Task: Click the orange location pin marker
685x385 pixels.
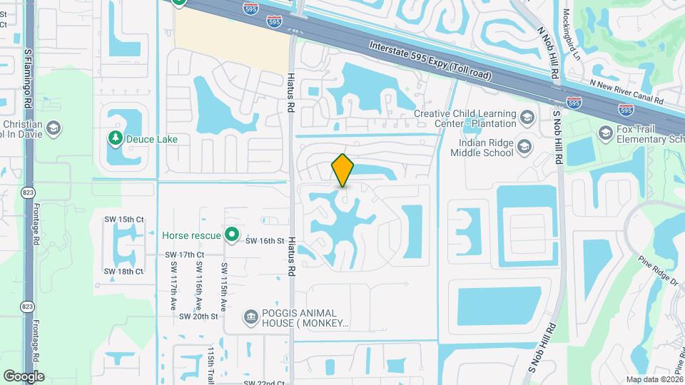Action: tap(343, 170)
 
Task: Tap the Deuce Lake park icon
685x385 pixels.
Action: tap(114, 137)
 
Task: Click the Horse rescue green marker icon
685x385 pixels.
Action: tap(231, 234)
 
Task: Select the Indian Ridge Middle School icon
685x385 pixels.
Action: tap(525, 147)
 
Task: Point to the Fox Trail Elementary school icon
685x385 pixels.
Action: tap(606, 133)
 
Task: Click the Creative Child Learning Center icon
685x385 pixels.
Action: tap(527, 118)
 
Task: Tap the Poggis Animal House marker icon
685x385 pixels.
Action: tap(250, 316)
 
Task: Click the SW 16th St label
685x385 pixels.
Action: tap(265, 241)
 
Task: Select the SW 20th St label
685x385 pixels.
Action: tap(198, 316)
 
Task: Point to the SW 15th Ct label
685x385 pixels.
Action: tap(124, 219)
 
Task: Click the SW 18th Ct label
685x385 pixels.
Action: tap(124, 272)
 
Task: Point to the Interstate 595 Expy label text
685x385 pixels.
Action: tap(430, 60)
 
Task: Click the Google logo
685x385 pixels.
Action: tap(24, 376)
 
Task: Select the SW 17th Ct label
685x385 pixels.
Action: tap(184, 255)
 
